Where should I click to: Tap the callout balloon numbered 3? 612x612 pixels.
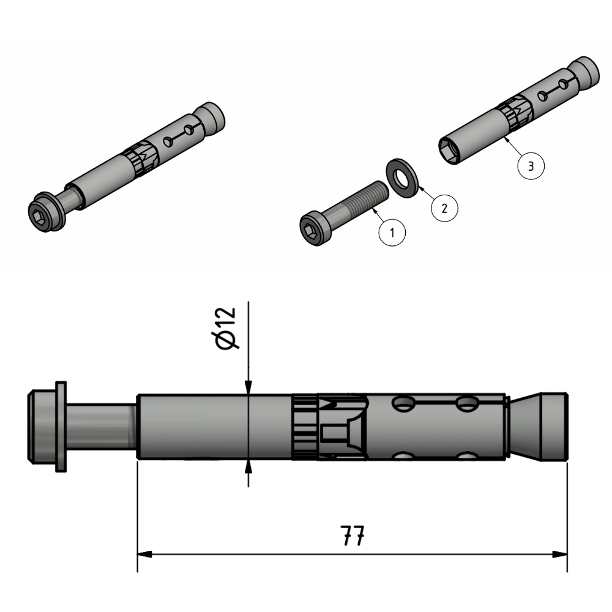[531, 166]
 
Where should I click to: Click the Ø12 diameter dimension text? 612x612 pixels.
[226, 329]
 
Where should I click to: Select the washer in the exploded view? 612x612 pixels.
[401, 178]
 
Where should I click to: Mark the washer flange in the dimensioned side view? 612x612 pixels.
[60, 426]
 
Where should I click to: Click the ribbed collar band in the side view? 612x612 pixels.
[305, 426]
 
